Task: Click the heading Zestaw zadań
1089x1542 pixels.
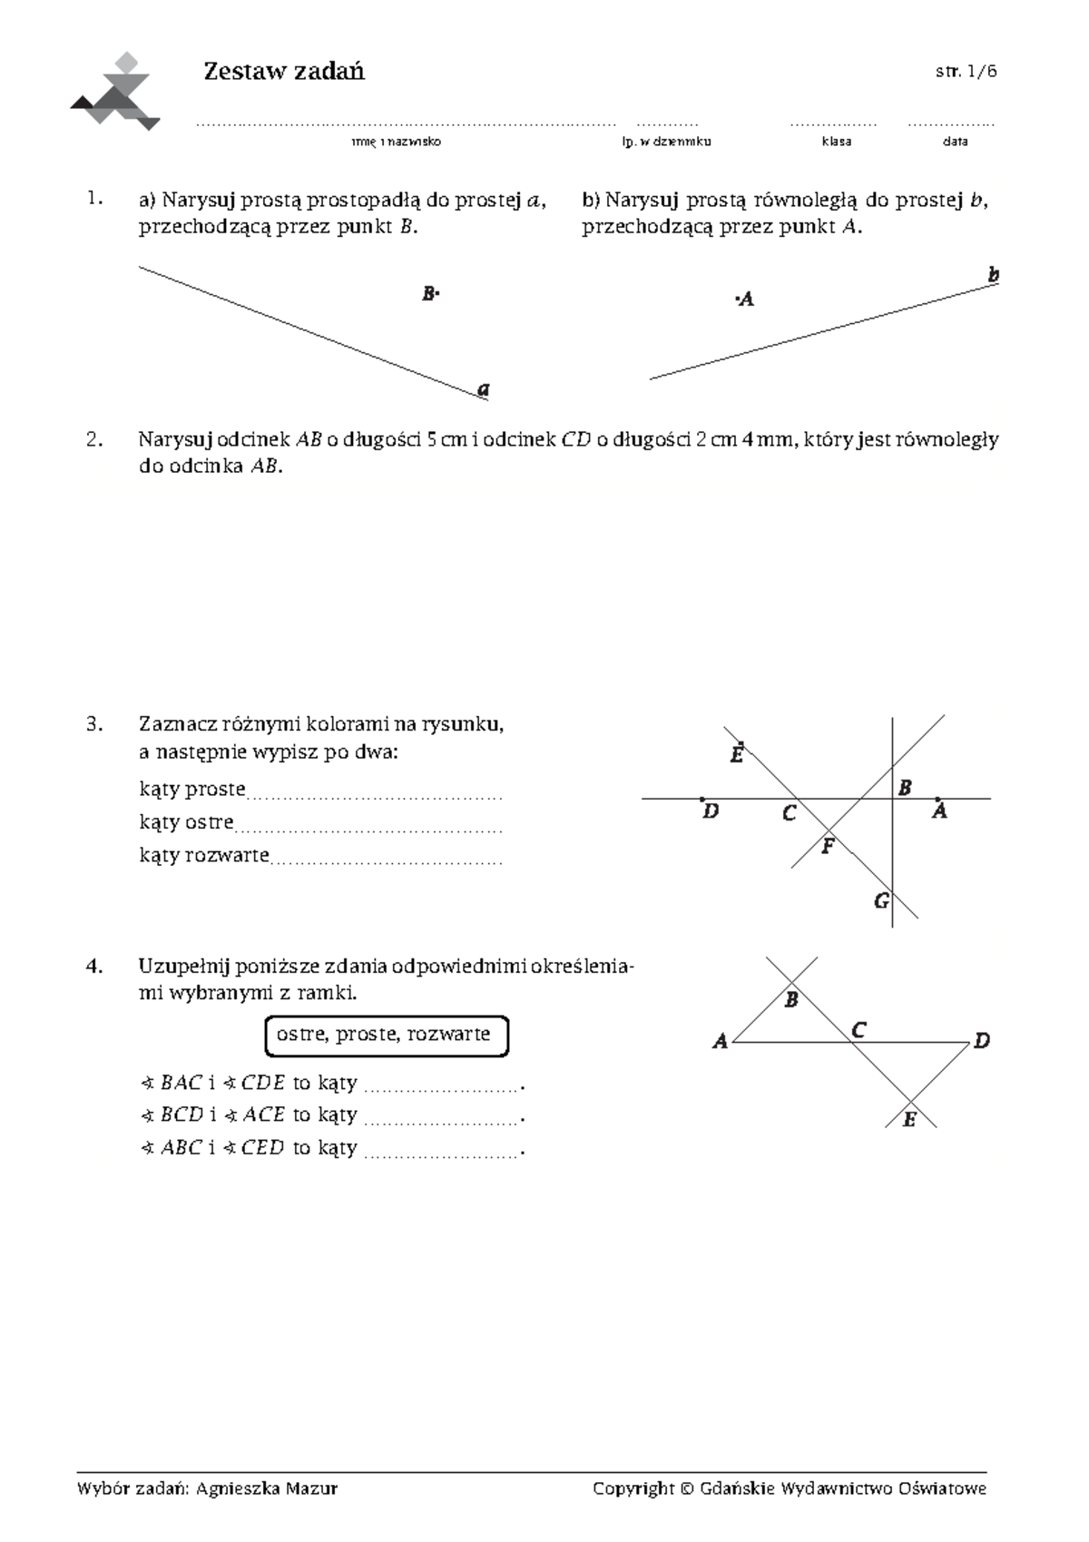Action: coord(284,72)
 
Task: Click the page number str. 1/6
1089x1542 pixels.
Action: coord(966,72)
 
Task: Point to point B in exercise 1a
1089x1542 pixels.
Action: coord(429,293)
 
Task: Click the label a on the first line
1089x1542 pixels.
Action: coord(484,389)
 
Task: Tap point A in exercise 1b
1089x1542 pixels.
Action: coord(744,299)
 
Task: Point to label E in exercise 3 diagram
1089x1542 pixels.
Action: coord(737,753)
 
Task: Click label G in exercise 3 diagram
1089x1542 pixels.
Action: coord(881,901)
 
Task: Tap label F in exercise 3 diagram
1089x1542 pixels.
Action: coord(827,848)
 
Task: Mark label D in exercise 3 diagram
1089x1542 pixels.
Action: coord(711,811)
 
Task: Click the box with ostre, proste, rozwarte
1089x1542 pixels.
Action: coord(387,1036)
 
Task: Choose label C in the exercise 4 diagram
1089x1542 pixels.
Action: coord(858,1029)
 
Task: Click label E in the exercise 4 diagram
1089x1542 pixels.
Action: coord(908,1120)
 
